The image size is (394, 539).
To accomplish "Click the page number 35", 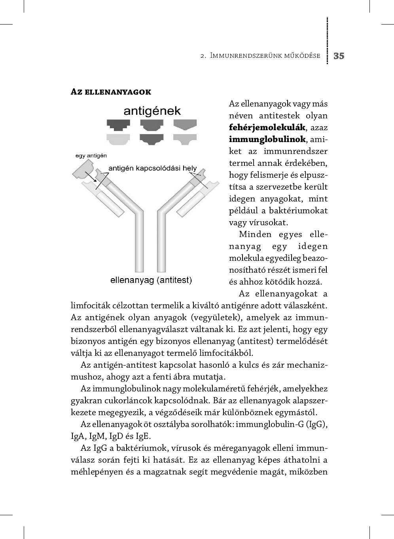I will point(339,56).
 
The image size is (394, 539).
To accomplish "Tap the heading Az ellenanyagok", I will point(111,92).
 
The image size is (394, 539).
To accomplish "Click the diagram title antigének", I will point(152,111).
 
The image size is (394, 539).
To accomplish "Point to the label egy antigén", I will point(91,156).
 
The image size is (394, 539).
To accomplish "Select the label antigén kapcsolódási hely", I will point(152,168).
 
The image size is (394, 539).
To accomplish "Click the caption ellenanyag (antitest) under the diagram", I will point(151,280).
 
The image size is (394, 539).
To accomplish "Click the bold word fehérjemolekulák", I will point(267,127).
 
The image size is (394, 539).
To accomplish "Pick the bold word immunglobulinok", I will point(267,139).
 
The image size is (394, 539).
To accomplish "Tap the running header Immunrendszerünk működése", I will point(265,56).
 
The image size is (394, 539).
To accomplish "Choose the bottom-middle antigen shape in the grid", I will point(152,139).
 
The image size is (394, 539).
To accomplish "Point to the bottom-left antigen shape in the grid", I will point(118,139).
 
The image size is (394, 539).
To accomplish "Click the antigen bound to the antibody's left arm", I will point(84,172).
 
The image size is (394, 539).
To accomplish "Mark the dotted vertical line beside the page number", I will point(328,40).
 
